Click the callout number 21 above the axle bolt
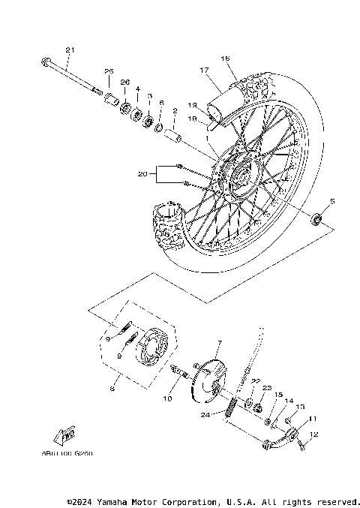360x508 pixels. tap(70, 50)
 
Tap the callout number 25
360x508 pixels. tap(108, 71)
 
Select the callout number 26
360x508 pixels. tap(124, 82)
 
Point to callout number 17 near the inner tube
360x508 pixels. tap(202, 71)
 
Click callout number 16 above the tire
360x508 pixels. tap(224, 58)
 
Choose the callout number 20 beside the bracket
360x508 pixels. tap(142, 174)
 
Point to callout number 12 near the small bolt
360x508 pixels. tap(313, 434)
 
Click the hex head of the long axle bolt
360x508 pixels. tap(47, 62)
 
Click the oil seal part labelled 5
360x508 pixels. tap(318, 218)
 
